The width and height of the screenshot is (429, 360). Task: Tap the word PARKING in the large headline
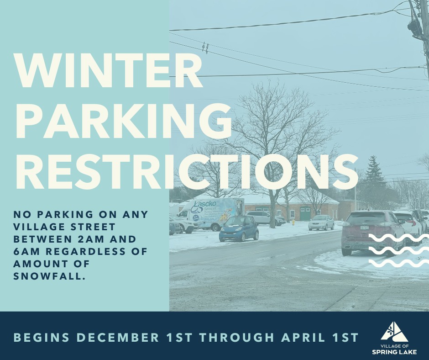point(124,122)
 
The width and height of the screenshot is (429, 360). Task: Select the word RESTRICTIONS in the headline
point(187,171)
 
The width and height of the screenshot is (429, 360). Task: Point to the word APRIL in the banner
point(303,337)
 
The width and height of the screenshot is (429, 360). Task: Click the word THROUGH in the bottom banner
point(236,337)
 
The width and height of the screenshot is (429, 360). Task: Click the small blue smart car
point(239,228)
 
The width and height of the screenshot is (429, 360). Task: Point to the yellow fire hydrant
point(293,222)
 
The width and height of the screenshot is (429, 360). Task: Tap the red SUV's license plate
point(364,228)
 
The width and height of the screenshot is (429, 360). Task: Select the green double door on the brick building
point(305,214)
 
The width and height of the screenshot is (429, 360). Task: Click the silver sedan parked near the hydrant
point(321,222)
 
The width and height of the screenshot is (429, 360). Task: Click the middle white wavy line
point(398,251)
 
